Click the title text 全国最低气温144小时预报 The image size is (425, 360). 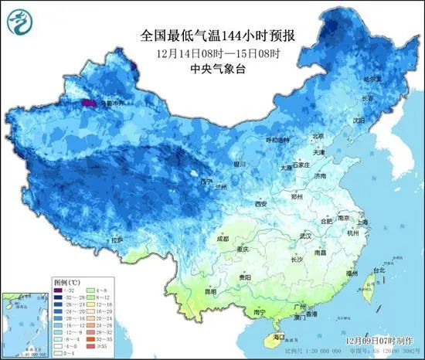(x=219, y=36)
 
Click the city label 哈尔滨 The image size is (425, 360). (x=373, y=79)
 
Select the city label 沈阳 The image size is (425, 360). (x=358, y=121)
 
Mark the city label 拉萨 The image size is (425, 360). (x=117, y=240)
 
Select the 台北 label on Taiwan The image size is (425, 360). (x=379, y=270)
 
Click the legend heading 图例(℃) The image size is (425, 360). (x=66, y=283)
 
